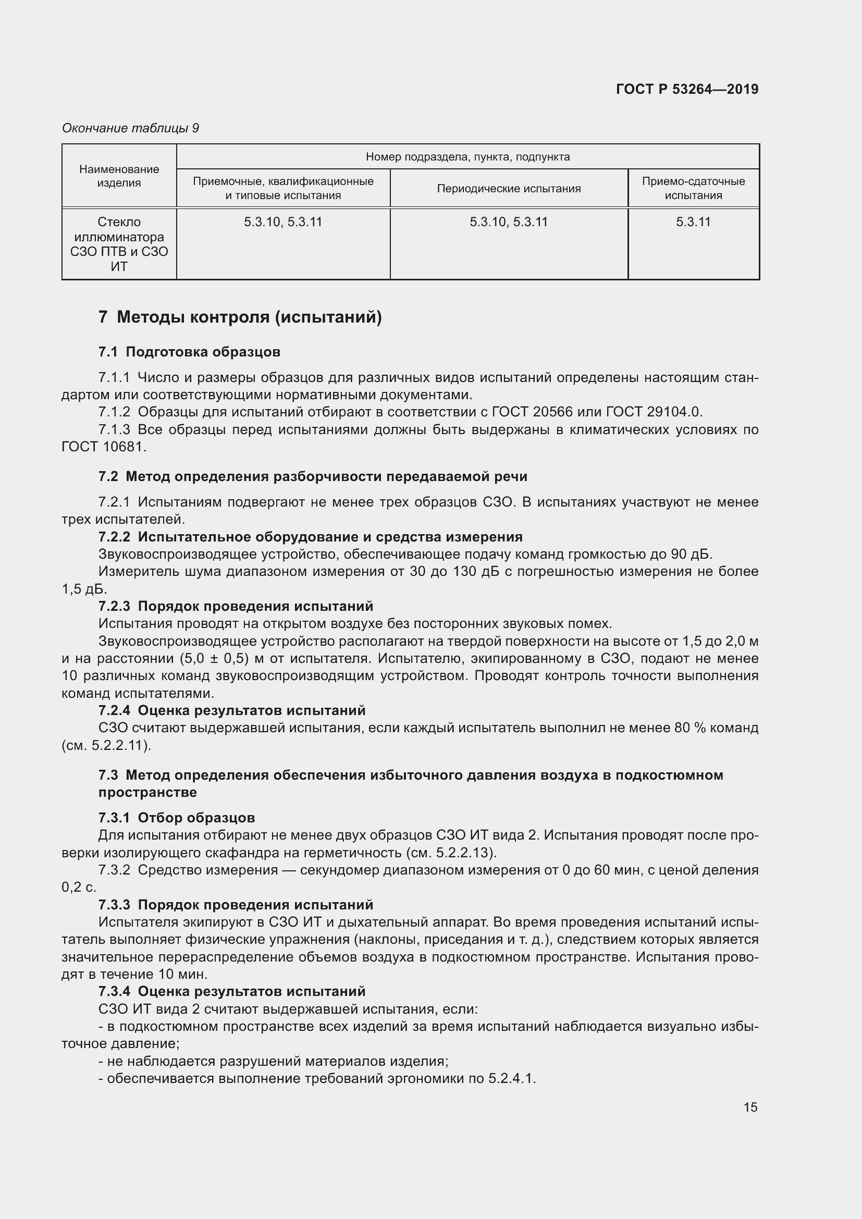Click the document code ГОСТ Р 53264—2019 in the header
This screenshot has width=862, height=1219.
[687, 89]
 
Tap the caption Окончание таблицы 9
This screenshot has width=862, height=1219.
[130, 128]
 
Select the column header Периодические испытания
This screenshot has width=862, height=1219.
[509, 189]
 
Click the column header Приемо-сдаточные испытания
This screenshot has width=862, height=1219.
[693, 189]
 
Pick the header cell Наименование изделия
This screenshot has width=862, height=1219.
[119, 176]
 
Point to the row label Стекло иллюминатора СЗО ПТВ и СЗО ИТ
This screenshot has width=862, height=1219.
[119, 244]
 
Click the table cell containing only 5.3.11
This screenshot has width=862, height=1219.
[693, 222]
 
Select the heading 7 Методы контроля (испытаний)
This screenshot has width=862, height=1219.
[240, 317]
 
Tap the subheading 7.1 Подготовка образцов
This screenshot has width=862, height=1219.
[189, 352]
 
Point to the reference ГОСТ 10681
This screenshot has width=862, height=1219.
[104, 447]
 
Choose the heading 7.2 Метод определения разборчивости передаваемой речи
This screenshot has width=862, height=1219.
[313, 476]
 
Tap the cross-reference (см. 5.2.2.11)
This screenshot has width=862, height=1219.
[106, 745]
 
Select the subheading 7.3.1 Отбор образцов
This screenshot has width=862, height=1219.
[176, 818]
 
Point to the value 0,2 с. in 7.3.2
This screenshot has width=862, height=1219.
[79, 887]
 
